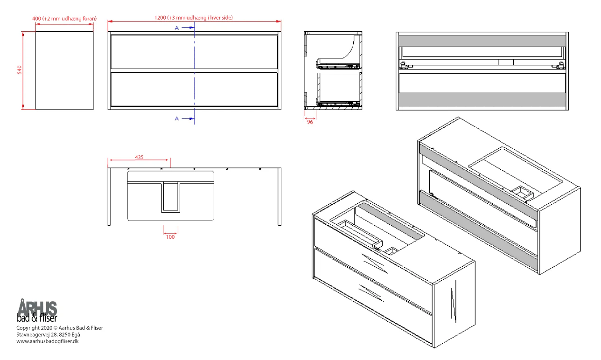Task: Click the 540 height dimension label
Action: pos(19,69)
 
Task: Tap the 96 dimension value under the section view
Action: pos(310,122)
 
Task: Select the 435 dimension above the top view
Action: pos(139,157)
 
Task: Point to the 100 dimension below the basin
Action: pos(170,237)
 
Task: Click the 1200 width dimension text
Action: pos(194,18)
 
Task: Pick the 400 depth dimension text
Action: pos(64,19)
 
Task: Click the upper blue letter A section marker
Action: pos(176,28)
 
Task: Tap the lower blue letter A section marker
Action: pos(176,118)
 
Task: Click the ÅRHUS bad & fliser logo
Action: pos(37,311)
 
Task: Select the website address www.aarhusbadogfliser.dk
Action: pos(48,341)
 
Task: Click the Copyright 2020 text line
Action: pos(60,328)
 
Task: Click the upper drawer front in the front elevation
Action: pos(194,52)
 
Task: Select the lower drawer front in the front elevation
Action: pos(194,89)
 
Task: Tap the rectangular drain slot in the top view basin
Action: pos(171,197)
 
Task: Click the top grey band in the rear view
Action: pos(482,41)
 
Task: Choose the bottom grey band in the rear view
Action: pos(482,100)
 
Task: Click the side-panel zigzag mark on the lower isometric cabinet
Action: pos(454,301)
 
